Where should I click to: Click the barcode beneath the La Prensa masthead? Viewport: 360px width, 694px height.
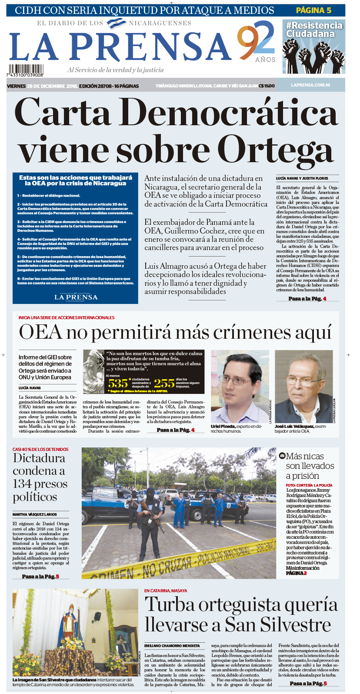tap(25, 70)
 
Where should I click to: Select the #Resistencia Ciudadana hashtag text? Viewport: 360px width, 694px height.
tap(314, 30)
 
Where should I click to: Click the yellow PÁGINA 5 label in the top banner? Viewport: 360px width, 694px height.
tap(313, 10)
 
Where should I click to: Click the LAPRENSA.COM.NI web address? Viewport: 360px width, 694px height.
tap(310, 86)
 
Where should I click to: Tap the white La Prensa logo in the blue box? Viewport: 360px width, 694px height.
tap(76, 297)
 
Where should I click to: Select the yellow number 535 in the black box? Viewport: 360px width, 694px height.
tap(118, 384)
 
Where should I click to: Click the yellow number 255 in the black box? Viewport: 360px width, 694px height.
tap(164, 384)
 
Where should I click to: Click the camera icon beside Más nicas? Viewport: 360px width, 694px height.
tap(282, 456)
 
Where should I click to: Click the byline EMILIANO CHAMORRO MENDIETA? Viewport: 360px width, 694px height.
tap(172, 646)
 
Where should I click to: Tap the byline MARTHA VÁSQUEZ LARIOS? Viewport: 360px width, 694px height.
tap(35, 514)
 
